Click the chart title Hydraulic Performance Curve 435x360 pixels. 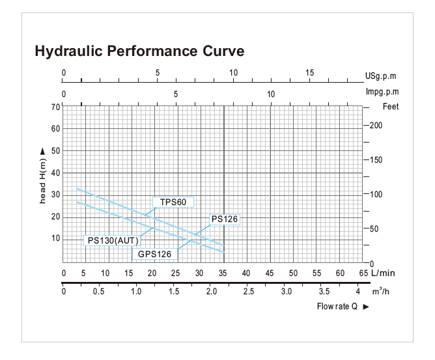139,51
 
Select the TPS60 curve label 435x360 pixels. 173,202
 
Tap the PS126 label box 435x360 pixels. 224,219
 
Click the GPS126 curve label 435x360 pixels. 154,253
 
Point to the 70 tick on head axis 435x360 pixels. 55,106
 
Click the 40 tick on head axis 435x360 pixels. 55,173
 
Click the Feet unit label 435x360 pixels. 391,106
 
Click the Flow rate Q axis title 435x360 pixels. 337,306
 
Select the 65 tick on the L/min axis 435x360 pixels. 363,273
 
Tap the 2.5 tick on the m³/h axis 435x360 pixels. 248,291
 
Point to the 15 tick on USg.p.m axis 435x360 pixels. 310,73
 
